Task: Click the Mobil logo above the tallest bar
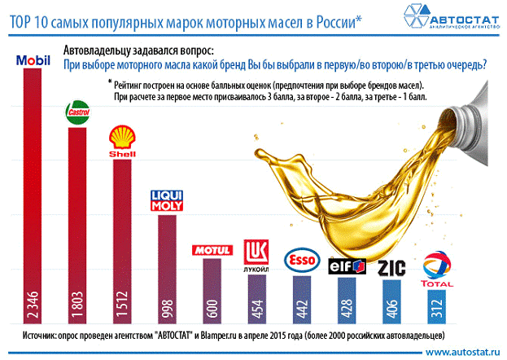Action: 33,60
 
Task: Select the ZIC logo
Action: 393,268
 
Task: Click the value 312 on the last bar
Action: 436,313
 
